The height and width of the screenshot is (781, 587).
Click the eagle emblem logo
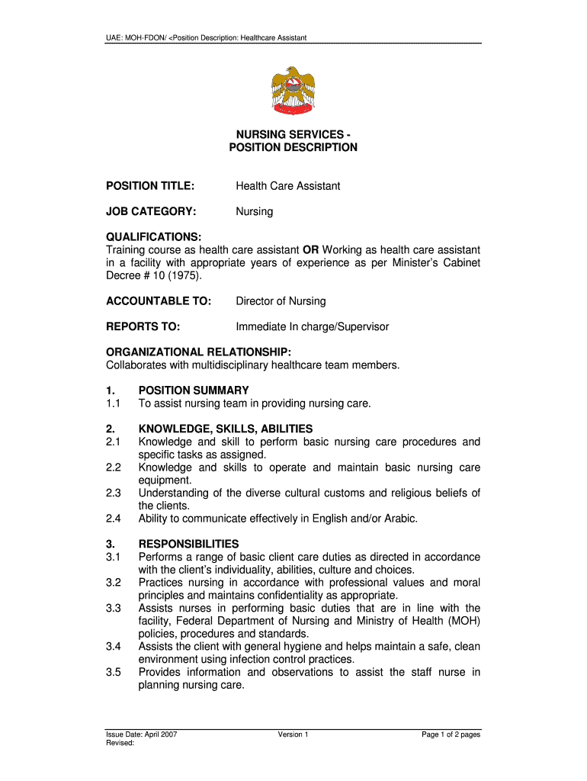click(x=293, y=91)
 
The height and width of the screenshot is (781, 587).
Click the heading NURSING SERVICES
click(x=293, y=134)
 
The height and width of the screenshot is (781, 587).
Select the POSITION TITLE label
click(x=150, y=186)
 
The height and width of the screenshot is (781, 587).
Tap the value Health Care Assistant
click(x=287, y=186)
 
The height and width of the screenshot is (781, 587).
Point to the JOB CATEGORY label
click(x=151, y=211)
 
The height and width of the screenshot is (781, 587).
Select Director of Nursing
click(x=281, y=301)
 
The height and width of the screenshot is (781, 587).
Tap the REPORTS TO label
click(x=143, y=326)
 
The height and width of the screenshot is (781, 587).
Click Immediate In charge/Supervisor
click(x=312, y=326)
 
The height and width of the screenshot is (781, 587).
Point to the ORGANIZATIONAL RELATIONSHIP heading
click(x=197, y=352)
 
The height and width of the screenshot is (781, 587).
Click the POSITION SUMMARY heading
click(x=193, y=390)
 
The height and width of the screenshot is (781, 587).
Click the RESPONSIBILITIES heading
click(x=188, y=544)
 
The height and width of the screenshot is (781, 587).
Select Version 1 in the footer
click(x=293, y=734)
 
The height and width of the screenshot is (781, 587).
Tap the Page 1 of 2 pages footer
click(x=451, y=734)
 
